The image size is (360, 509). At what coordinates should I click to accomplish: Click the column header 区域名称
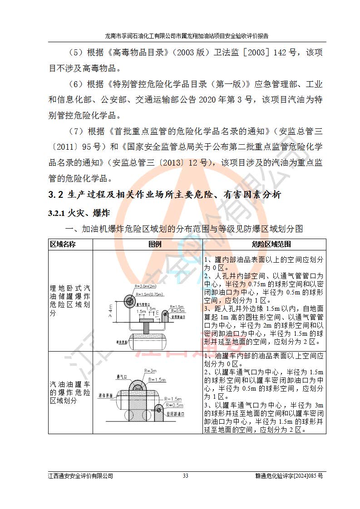coord(63,245)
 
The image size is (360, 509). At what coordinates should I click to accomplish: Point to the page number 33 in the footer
coord(185,476)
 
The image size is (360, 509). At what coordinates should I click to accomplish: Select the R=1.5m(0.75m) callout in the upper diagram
coord(149,294)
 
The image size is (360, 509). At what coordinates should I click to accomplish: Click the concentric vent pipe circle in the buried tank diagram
coord(129,301)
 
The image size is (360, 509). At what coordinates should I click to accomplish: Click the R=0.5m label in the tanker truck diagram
coord(174,405)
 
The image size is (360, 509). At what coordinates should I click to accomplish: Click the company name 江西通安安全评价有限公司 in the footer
coord(80,476)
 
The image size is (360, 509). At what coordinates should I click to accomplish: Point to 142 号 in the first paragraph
coord(286,53)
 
